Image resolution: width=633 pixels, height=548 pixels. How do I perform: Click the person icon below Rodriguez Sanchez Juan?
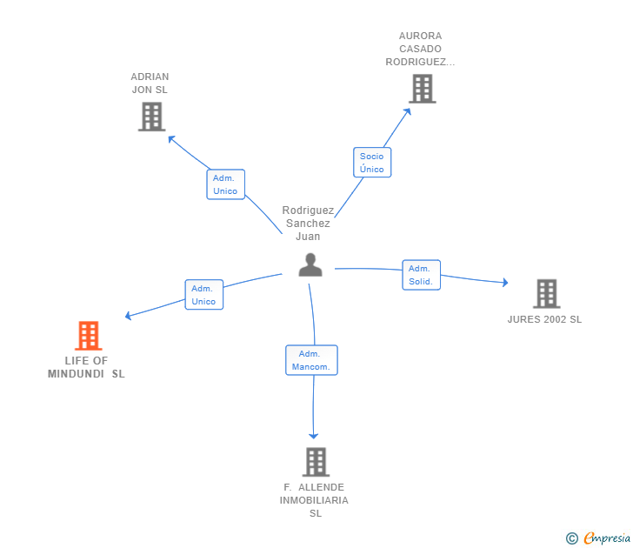point(310,265)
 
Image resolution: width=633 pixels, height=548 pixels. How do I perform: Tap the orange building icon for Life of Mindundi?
point(89,336)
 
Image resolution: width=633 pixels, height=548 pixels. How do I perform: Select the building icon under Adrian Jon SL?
point(152,117)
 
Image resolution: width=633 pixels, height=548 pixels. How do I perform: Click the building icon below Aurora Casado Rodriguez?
point(423,89)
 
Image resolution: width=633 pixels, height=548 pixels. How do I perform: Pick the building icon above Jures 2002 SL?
point(547,294)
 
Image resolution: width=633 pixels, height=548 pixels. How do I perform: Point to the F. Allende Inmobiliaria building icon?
point(316,462)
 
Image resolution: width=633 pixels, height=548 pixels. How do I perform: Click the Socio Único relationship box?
point(372,163)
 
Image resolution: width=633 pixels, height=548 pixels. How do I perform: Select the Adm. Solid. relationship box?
point(421,275)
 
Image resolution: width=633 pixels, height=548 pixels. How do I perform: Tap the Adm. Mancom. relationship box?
point(311,360)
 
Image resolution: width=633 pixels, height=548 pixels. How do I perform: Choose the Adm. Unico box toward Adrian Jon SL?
point(226,184)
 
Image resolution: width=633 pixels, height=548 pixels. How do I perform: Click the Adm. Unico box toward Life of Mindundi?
point(203,295)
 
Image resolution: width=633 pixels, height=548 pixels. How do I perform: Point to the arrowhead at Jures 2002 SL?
point(505,283)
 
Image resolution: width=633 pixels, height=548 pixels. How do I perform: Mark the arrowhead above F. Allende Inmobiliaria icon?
point(313,436)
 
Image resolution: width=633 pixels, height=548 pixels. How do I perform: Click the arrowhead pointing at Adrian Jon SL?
point(171,139)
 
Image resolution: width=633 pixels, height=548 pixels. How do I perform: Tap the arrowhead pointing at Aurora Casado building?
point(407,111)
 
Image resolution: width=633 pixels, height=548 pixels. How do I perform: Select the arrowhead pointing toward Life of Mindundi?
point(129,316)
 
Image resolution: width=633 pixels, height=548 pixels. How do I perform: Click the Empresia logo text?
point(607,538)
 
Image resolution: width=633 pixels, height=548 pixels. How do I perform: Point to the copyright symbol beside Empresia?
point(571,538)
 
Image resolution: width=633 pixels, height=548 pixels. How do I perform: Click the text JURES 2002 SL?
point(544,319)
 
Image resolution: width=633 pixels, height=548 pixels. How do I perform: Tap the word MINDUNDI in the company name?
point(76,374)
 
